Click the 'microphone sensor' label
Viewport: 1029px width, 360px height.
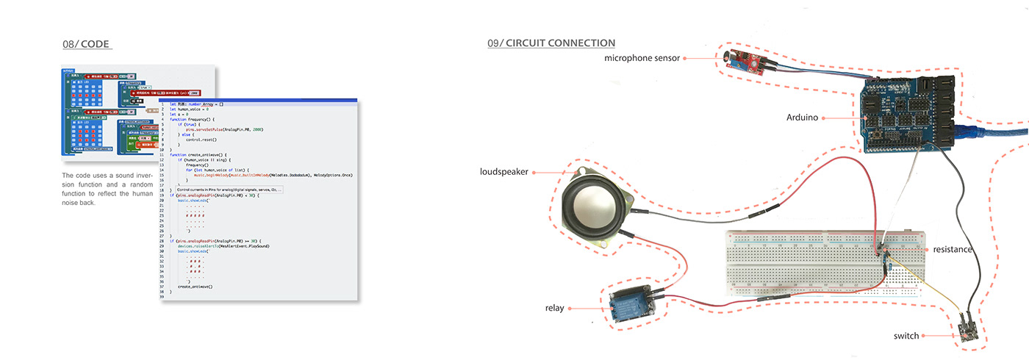[642, 57]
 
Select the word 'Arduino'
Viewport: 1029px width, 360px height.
[802, 117]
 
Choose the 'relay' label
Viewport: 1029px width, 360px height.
[554, 308]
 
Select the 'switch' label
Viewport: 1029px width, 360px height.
[906, 336]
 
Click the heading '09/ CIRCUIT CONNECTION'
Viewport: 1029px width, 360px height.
[551, 43]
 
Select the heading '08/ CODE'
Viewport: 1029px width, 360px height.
[86, 44]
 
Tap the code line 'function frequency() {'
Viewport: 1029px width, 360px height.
[192, 119]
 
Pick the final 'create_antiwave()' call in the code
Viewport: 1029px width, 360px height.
[195, 286]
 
